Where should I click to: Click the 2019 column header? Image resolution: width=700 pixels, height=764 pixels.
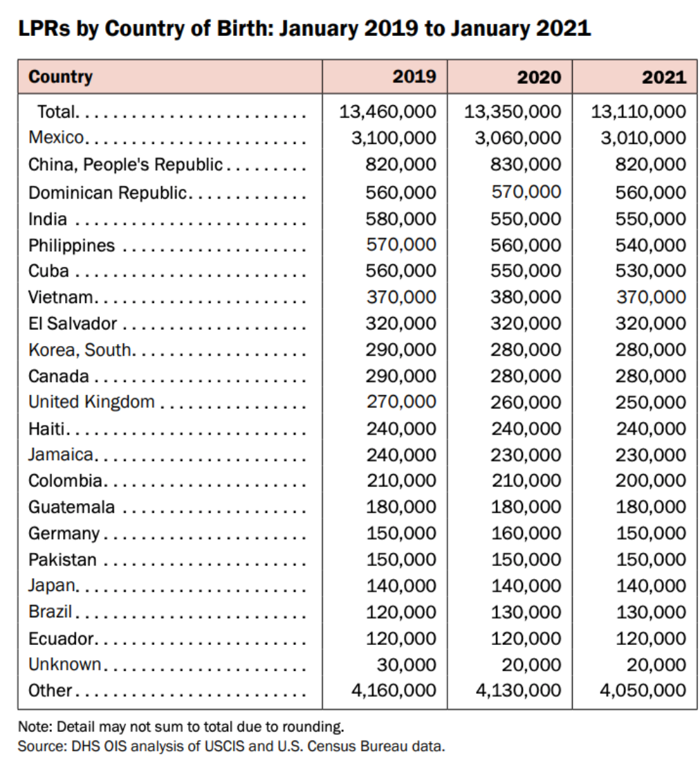click(x=414, y=76)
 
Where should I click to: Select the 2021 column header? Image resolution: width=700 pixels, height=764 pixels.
click(x=664, y=77)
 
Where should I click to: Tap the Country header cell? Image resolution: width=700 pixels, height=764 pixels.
click(x=61, y=76)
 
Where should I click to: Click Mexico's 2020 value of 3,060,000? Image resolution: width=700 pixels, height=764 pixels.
click(x=517, y=138)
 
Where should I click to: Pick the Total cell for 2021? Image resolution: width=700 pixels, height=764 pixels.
click(x=638, y=111)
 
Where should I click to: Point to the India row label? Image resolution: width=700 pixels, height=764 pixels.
click(x=48, y=219)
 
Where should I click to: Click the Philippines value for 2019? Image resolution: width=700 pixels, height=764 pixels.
click(x=401, y=245)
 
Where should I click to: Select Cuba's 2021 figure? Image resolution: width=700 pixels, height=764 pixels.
click(x=651, y=271)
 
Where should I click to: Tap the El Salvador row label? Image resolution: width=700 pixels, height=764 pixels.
click(x=73, y=323)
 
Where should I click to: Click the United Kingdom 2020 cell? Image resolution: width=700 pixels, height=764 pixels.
click(x=526, y=402)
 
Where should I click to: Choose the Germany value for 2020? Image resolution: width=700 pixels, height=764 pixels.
click(x=526, y=533)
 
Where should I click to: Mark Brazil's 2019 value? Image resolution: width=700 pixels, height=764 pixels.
click(x=401, y=612)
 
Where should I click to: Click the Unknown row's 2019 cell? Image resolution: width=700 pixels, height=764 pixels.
click(x=407, y=664)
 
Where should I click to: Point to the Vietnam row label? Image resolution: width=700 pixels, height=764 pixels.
click(x=61, y=298)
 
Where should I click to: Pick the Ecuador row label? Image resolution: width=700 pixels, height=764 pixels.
click(x=60, y=638)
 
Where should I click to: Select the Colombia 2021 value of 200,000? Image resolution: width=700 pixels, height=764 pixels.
click(x=651, y=481)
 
